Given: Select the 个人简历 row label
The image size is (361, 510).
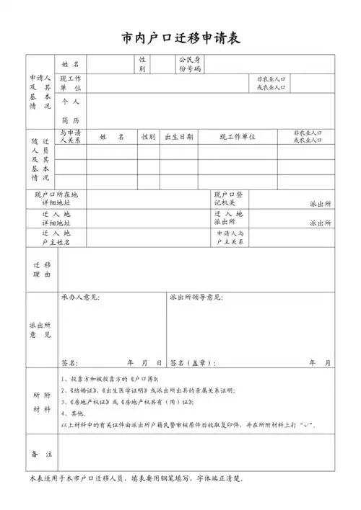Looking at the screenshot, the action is tap(71, 110).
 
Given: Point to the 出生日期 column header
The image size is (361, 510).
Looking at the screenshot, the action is tap(179, 136).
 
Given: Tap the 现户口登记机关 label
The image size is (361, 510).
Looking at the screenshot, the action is tap(229, 199).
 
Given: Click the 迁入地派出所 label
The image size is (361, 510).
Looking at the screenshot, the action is tap(229, 218).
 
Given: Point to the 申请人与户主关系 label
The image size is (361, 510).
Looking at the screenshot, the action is tap(230, 238).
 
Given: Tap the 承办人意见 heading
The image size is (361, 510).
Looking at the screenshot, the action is tap(81, 297).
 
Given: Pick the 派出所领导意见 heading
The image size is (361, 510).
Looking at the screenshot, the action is tap(196, 297).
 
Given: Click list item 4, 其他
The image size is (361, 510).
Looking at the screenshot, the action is tap(72, 413).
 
